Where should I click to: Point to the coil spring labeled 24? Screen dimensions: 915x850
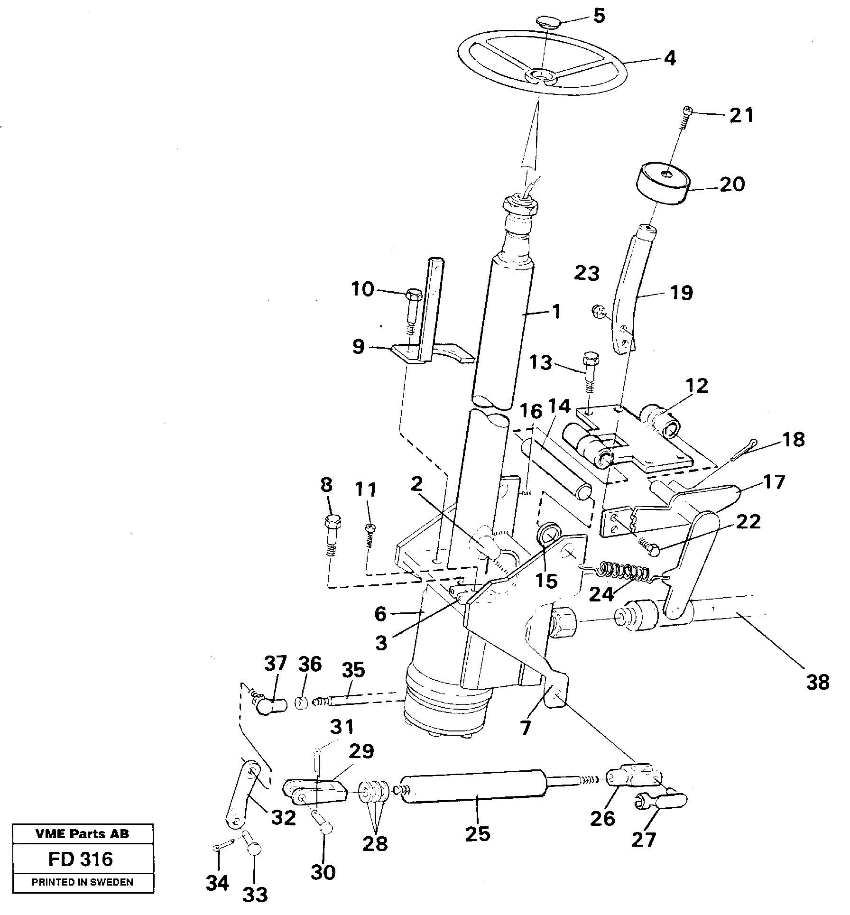click(625, 572)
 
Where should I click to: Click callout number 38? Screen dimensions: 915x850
click(817, 683)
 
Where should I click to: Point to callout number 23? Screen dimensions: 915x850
click(587, 273)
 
